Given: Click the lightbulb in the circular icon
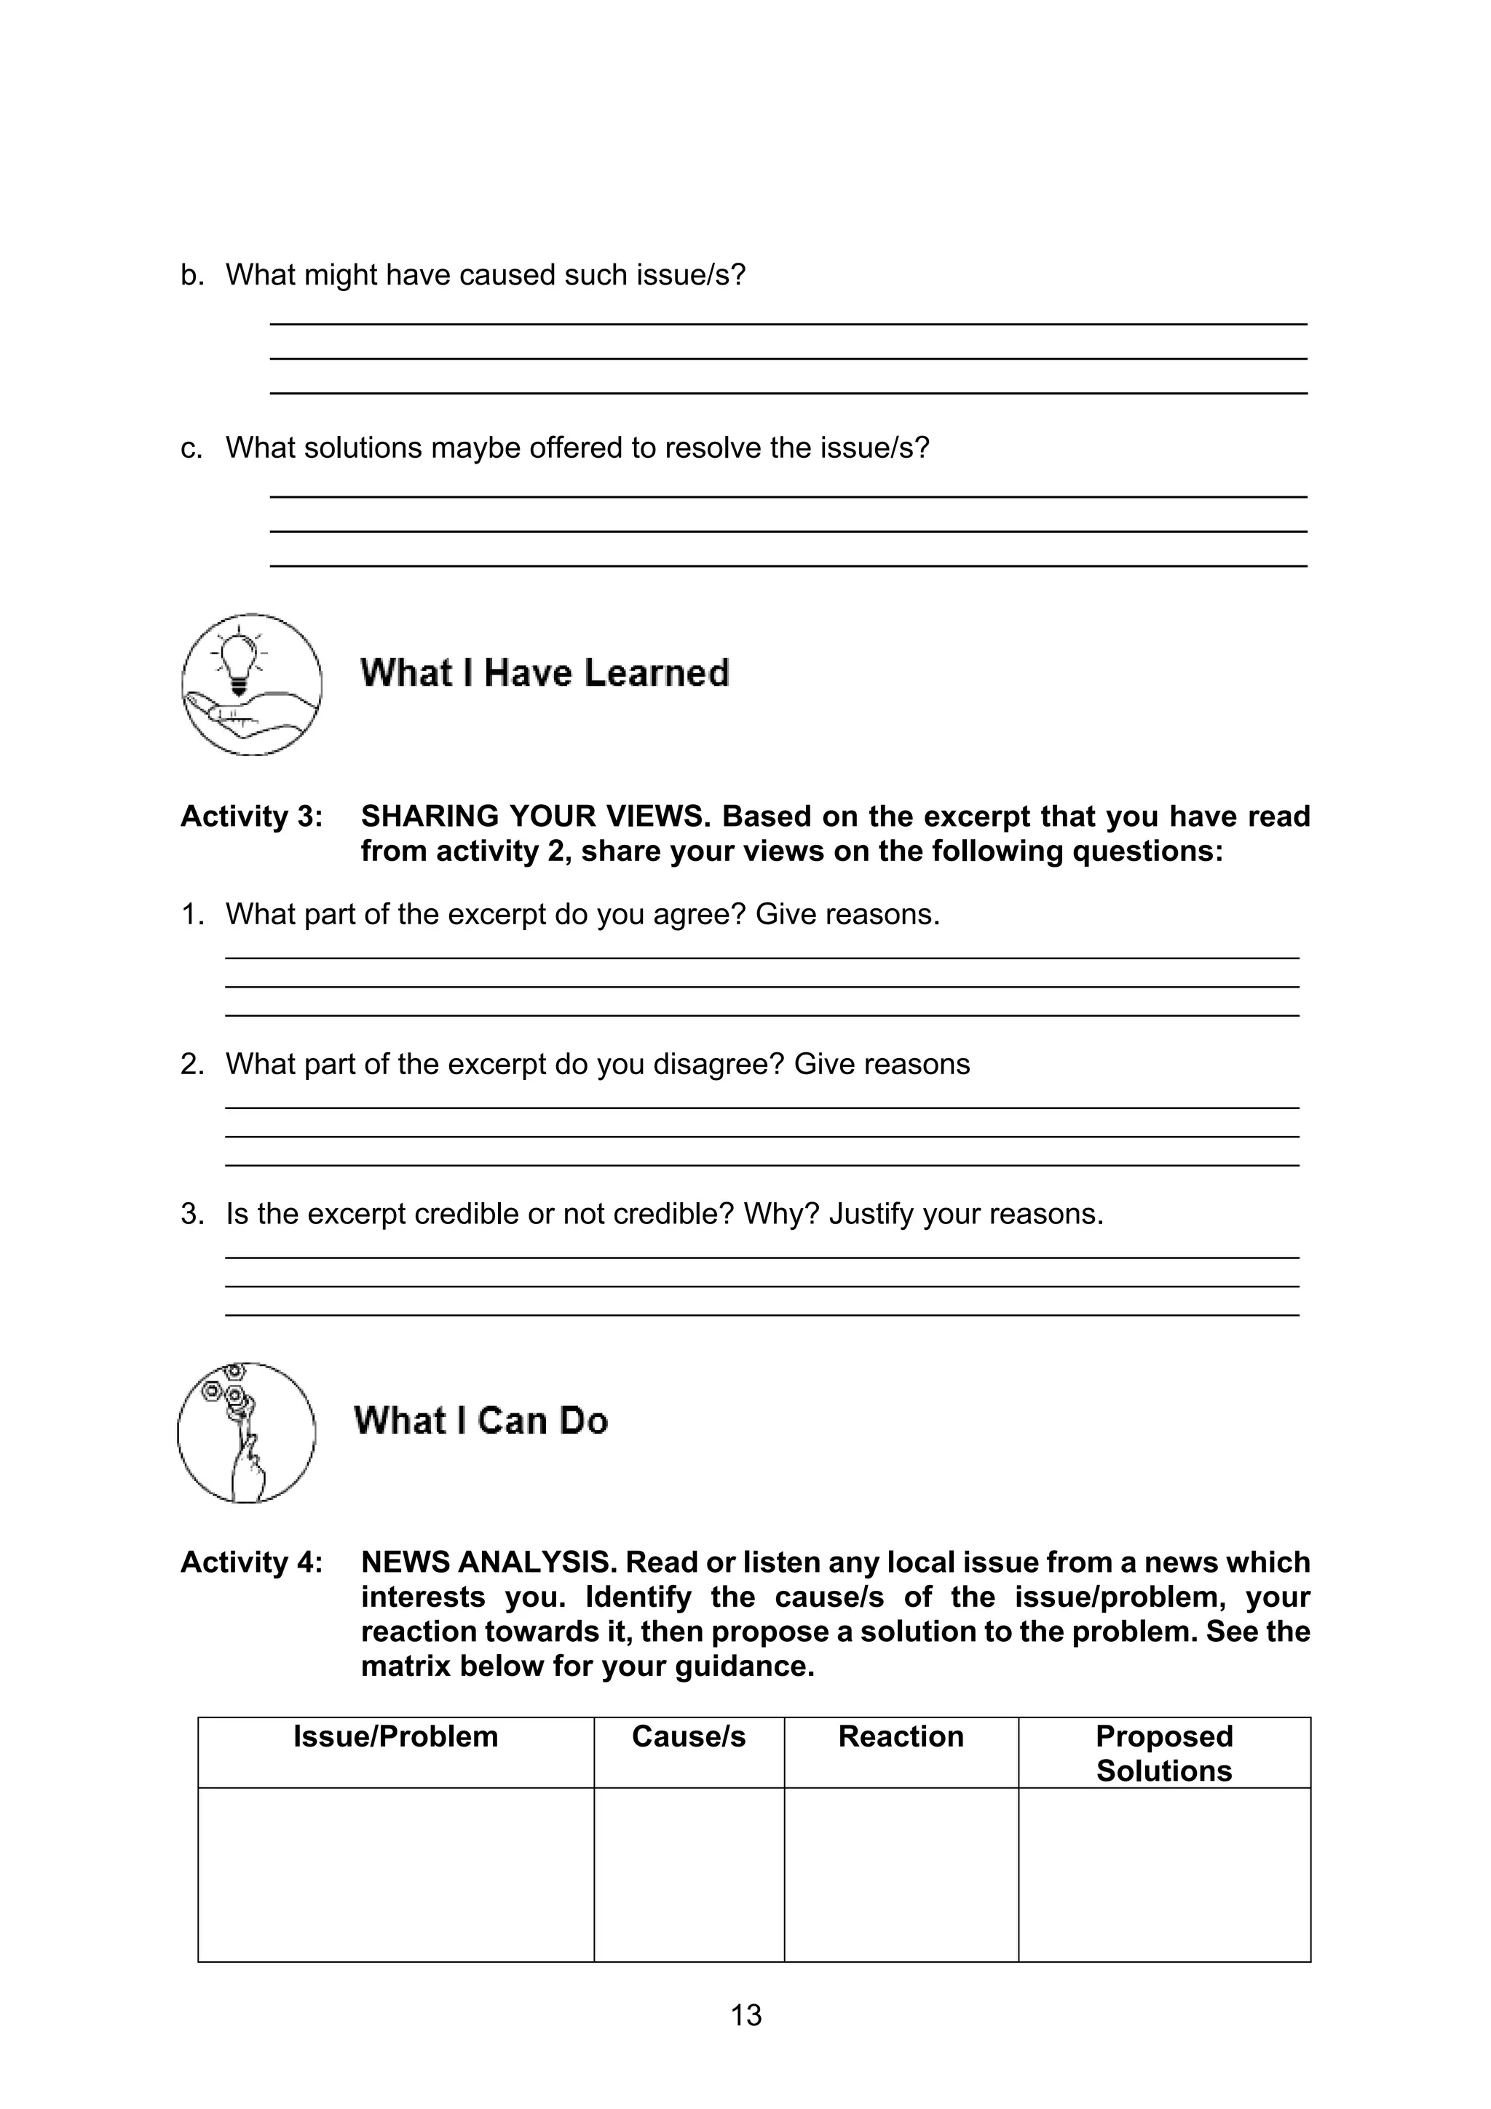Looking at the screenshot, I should [x=239, y=656].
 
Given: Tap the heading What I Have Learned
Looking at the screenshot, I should [x=544, y=672].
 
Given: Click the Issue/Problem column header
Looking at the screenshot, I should [x=395, y=1736].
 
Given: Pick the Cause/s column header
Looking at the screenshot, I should [x=688, y=1736].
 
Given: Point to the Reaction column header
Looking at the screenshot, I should [x=901, y=1736].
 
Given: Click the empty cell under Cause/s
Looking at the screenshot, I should [x=688, y=1874].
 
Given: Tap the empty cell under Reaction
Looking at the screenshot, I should [x=901, y=1874].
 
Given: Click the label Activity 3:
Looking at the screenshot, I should [x=250, y=816].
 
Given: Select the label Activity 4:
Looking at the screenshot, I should [x=250, y=1562].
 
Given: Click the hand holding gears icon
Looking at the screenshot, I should [x=245, y=1432].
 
